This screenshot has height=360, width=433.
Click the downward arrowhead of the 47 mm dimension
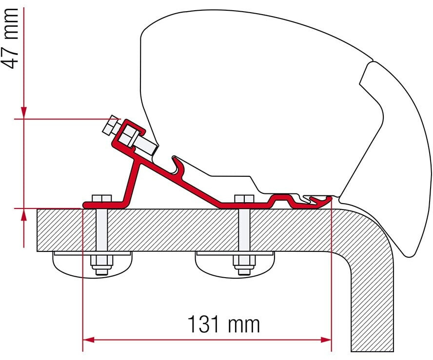point(23,113)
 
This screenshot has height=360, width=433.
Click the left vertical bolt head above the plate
point(101,199)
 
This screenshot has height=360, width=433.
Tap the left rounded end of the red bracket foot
point(86,204)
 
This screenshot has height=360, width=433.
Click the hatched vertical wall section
point(373,302)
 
